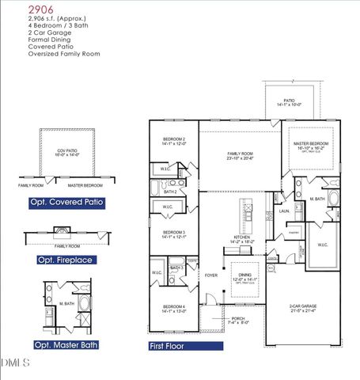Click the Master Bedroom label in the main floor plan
(x=313, y=143)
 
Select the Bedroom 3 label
(x=173, y=233)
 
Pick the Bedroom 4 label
(x=173, y=308)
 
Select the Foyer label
(x=210, y=275)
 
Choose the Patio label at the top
(x=290, y=100)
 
